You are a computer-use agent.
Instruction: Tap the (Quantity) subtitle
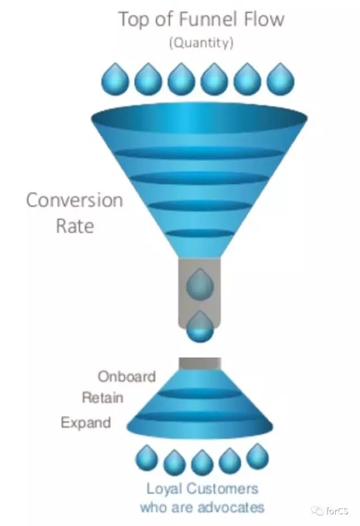201,43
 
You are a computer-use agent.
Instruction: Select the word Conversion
74,200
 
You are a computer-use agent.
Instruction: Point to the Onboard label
127,376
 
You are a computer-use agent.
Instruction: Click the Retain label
102,398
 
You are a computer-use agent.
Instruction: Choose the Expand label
85,423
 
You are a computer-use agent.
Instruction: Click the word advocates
231,507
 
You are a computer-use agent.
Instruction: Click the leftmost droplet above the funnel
115,79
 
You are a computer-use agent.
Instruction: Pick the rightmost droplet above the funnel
280,79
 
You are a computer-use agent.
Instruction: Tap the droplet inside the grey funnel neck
200,284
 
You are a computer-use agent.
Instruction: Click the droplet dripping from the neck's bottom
200,327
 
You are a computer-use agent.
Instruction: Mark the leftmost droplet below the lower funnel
147,459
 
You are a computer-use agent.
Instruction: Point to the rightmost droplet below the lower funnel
257,457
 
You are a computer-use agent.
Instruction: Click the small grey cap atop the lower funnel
200,364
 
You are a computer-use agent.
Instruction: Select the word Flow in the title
261,20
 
